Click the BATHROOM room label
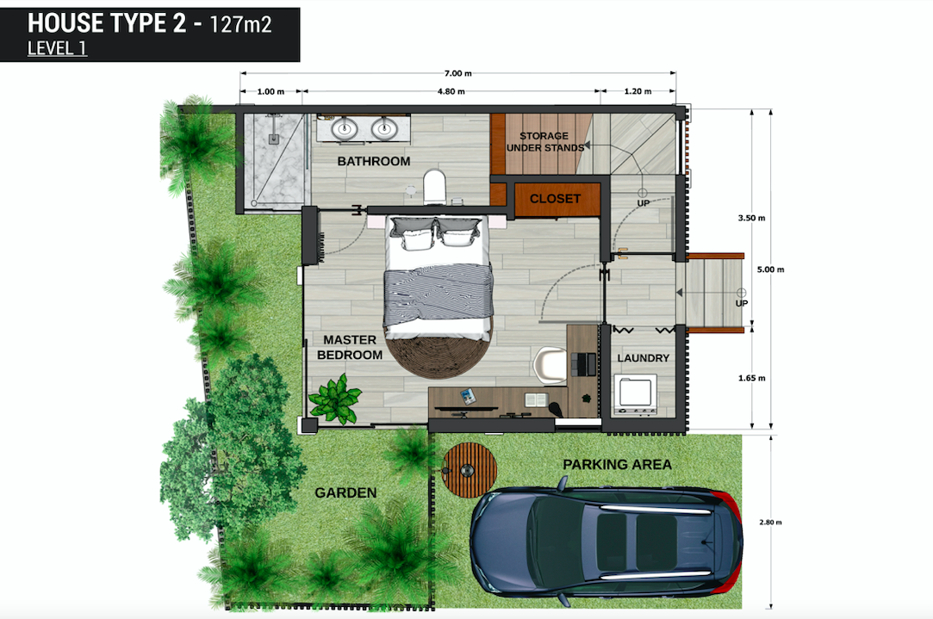click(373, 162)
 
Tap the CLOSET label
click(555, 199)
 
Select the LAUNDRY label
click(644, 358)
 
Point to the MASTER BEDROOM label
click(350, 348)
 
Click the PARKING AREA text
click(617, 465)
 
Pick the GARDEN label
click(345, 493)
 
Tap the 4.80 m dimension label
click(450, 91)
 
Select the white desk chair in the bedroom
click(549, 365)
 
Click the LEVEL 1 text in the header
click(57, 48)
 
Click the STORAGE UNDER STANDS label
click(543, 142)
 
